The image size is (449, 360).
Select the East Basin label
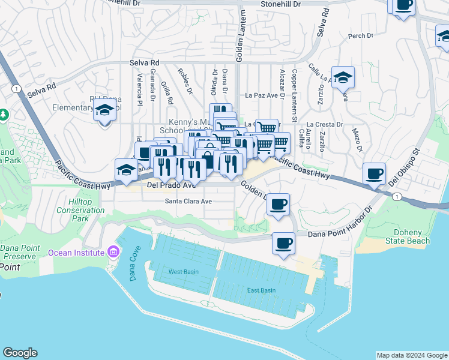(261, 290)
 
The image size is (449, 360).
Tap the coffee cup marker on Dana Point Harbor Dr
(283, 243)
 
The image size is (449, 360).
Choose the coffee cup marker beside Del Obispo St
(375, 173)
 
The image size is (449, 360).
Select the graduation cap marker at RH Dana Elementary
(105, 110)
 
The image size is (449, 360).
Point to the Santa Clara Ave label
(188, 202)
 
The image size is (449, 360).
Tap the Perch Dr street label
(361, 36)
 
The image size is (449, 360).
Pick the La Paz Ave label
(265, 95)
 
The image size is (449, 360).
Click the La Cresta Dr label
(327, 125)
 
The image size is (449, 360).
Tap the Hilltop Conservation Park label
(80, 211)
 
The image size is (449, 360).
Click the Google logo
(20, 353)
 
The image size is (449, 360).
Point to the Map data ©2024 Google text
(411, 355)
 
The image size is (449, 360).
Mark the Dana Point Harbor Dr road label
(340, 227)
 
